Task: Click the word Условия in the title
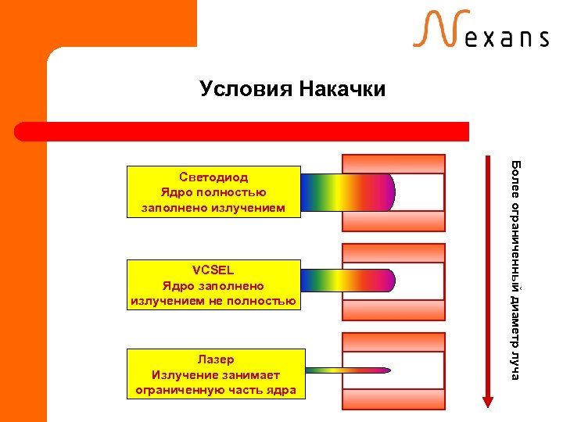pyautogui.click(x=245, y=89)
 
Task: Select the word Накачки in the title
pyautogui.click(x=341, y=89)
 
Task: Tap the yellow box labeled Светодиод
pyautogui.click(x=213, y=191)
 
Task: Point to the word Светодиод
pyautogui.click(x=213, y=177)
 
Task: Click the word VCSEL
pyautogui.click(x=213, y=271)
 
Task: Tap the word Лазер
pyautogui.click(x=215, y=360)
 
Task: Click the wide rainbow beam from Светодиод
pyautogui.click(x=344, y=192)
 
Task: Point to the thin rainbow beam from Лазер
pyautogui.click(x=344, y=370)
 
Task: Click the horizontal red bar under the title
pyautogui.click(x=242, y=131)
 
